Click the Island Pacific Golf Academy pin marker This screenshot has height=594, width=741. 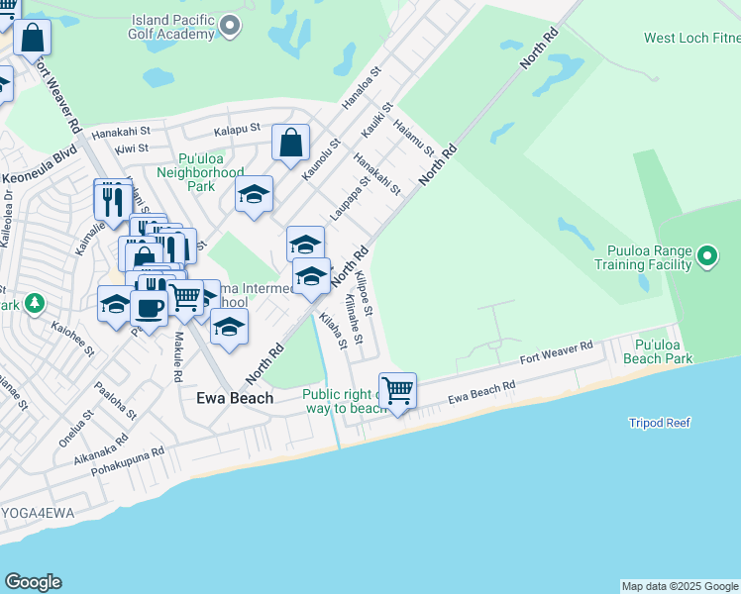point(230,25)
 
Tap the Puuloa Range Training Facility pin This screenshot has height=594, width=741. point(706,257)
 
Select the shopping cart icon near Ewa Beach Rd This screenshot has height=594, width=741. point(397,390)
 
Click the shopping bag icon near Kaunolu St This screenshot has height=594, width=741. point(290,144)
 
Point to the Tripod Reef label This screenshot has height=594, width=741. point(659,423)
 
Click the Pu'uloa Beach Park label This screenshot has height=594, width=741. point(663,352)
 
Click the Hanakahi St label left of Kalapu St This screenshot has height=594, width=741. point(120,131)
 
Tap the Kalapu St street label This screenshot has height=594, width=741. point(237,129)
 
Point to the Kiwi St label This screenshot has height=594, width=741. point(131,148)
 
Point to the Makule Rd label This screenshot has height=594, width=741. point(177,356)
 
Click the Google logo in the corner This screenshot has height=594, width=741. point(33,582)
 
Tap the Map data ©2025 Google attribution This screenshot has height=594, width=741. point(680,586)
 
